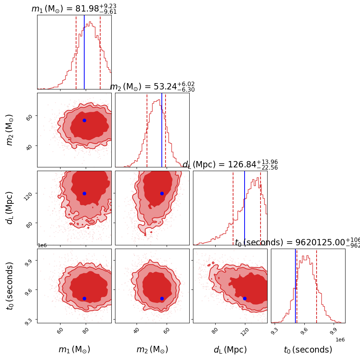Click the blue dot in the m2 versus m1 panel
[x=84, y=120]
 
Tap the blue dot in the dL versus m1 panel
[x=84, y=193]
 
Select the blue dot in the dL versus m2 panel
[x=162, y=193]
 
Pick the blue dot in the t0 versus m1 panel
[x=84, y=298]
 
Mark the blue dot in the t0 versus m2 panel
[x=162, y=298]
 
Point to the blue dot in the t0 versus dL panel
[x=245, y=298]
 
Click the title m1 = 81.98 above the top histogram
[x=74, y=9]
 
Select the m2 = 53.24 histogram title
[x=152, y=87]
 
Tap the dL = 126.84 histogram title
[x=230, y=165]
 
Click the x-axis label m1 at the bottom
[x=74, y=350]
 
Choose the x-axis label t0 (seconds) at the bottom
[x=308, y=350]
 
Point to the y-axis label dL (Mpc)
[x=10, y=208]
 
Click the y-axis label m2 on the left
[x=10, y=130]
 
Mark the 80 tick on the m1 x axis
[x=86, y=330]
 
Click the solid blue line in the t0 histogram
[x=295, y=286]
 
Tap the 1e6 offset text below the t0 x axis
[x=340, y=340]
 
